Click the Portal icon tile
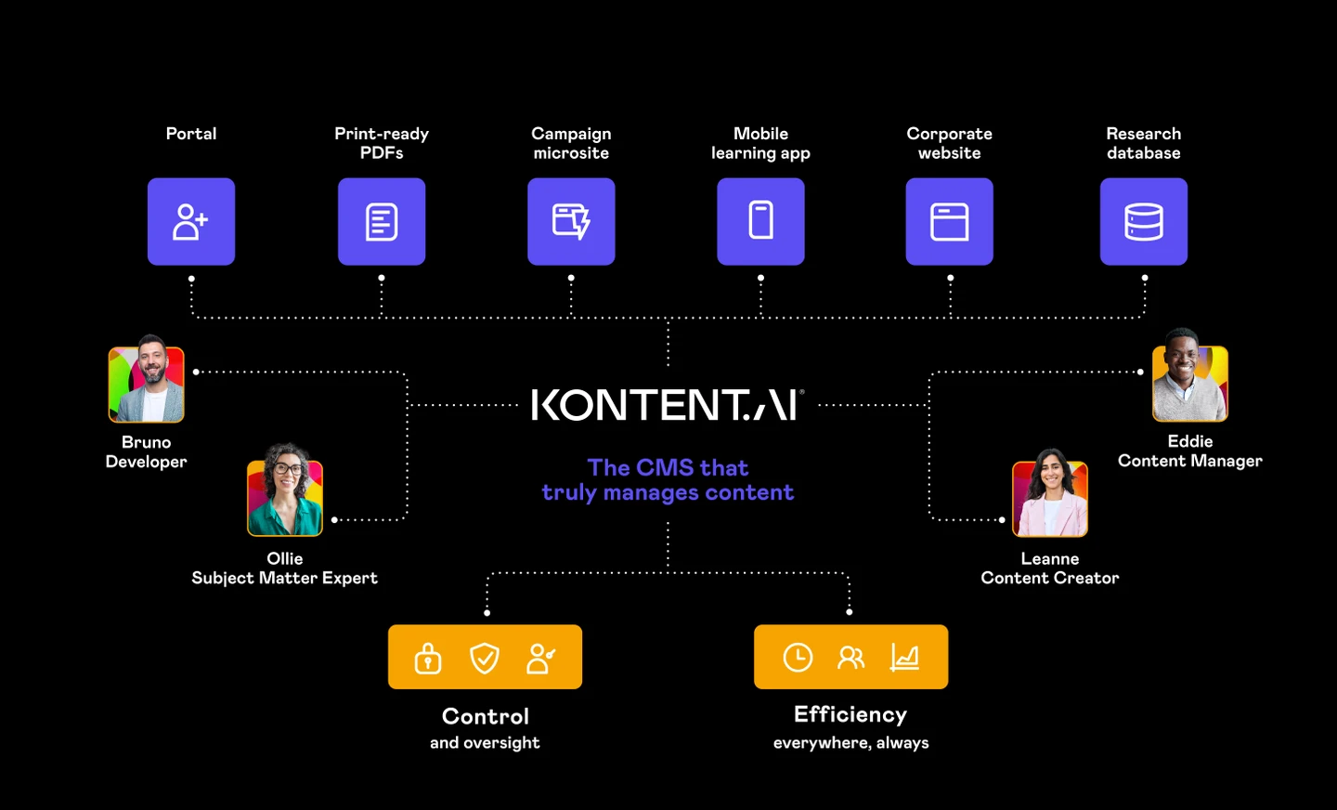point(191,222)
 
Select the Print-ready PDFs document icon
point(382,222)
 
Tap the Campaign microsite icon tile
point(571,222)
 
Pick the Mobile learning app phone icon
point(760,221)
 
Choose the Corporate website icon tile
point(950,222)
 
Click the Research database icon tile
point(1144,222)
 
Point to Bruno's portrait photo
point(147,381)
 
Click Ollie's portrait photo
point(285,493)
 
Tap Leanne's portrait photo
point(1050,496)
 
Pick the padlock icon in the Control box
point(428,658)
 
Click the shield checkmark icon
point(485,658)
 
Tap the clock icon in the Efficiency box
point(798,658)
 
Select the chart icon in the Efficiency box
point(904,658)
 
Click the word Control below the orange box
point(486,716)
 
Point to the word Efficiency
point(850,714)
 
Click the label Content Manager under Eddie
point(1189,461)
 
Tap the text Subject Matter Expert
point(284,578)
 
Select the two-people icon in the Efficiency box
point(850,658)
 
